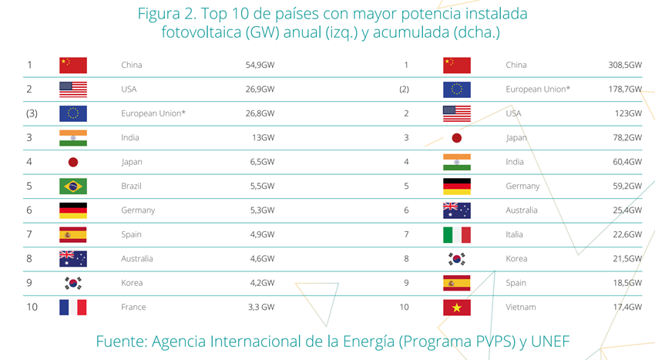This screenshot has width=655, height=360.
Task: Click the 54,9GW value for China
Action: [260, 66]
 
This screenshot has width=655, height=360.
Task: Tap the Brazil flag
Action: [73, 187]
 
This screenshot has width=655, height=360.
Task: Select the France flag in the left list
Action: [73, 308]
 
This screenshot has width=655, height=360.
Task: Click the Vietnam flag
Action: [456, 308]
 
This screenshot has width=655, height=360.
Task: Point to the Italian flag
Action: [456, 234]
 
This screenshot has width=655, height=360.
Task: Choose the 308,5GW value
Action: [625, 66]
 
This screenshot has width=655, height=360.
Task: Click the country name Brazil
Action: [133, 187]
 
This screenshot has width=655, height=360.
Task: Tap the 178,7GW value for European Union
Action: [625, 89]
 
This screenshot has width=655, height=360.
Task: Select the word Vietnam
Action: [521, 308]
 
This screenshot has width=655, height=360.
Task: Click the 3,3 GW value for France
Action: [260, 308]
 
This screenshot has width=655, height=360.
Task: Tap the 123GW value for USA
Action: [629, 113]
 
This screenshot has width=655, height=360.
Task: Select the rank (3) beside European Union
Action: [31, 113]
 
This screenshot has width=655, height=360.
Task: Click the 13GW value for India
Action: [263, 138]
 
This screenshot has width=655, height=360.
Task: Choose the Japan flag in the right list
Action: [456, 138]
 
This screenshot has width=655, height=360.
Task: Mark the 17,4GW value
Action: [626, 308]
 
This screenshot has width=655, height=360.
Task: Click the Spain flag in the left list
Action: [73, 234]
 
